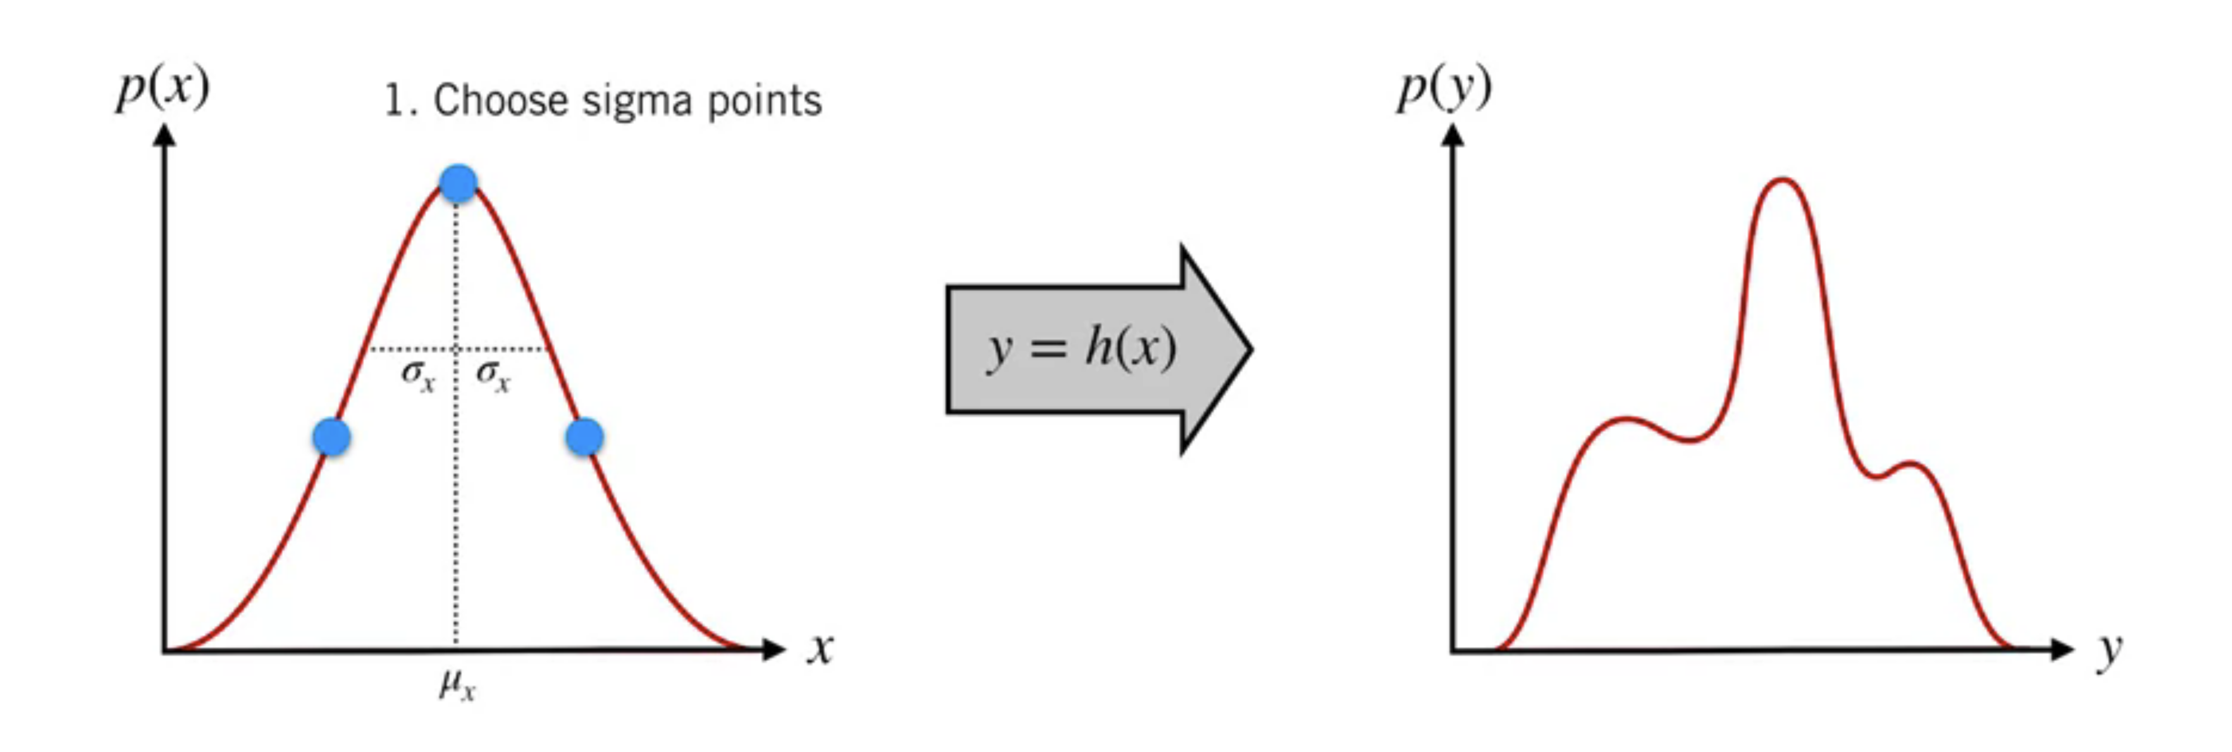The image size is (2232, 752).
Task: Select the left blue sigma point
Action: coord(332,437)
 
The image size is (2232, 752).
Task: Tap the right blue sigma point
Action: coord(585,437)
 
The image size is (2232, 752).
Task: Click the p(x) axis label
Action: coord(163,88)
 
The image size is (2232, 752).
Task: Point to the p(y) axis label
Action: coord(1444,88)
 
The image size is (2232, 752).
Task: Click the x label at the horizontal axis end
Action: coord(820,648)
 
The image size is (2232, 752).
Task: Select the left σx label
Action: coord(417,375)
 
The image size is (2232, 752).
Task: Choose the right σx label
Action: coord(494,375)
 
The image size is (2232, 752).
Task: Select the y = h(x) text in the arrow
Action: coord(1081,349)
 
